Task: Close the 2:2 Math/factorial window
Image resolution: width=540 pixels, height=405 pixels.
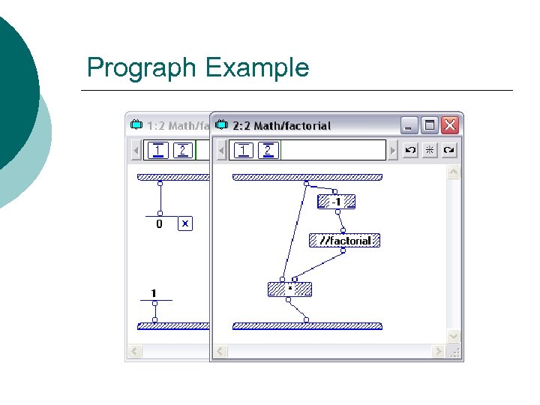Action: coord(449,125)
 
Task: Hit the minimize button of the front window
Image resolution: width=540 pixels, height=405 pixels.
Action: coord(409,125)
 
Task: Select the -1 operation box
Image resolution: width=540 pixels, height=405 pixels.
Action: coord(336,202)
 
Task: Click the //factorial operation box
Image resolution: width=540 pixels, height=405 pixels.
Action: coord(345,241)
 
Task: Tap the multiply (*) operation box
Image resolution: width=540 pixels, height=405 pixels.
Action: coord(289,289)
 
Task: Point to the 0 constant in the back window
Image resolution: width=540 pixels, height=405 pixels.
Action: coord(159,223)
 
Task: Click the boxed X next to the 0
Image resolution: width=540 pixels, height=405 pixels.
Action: coord(185,223)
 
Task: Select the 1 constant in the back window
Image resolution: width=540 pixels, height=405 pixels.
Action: coord(154,293)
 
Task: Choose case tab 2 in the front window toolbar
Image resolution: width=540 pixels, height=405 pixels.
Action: coord(268,150)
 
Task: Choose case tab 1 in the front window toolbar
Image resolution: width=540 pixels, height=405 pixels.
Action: coord(243,150)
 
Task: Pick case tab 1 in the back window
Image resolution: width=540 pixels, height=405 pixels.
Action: coord(157,150)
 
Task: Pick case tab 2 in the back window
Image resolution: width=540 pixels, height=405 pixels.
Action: coord(182,150)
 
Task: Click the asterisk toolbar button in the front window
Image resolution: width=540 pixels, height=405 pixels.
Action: coord(430,150)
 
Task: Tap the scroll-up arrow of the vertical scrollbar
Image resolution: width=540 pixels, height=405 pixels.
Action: coord(453,172)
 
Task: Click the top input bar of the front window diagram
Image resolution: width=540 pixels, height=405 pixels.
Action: coord(307,178)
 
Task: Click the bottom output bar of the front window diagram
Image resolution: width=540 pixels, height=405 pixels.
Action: coord(307,326)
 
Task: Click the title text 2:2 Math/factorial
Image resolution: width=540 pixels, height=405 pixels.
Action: coord(282,125)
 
